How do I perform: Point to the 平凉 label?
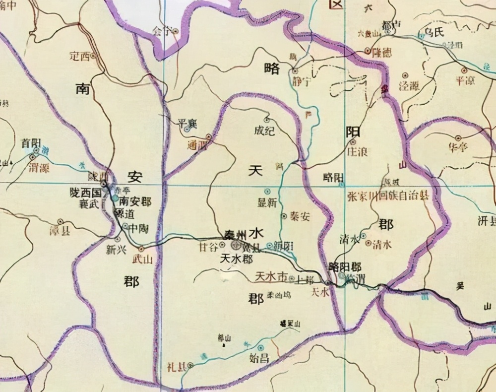[x=465, y=80]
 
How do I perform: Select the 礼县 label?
[x=177, y=367]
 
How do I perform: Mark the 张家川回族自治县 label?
[x=387, y=196]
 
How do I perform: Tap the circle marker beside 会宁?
[x=175, y=30]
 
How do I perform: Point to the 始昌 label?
[x=261, y=359]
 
